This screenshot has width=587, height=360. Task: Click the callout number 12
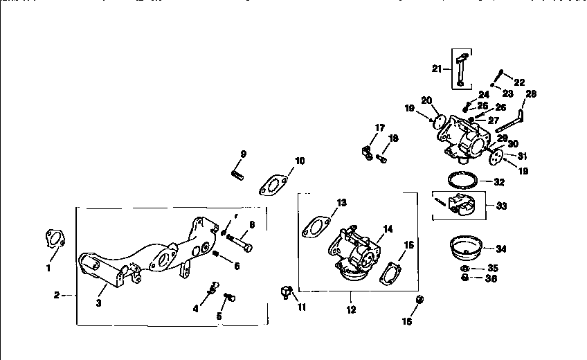click(x=351, y=309)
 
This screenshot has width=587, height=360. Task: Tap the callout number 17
click(x=379, y=127)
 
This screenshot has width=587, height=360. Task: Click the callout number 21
click(x=436, y=68)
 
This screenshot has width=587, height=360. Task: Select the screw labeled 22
click(x=500, y=75)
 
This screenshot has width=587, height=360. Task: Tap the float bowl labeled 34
click(x=467, y=246)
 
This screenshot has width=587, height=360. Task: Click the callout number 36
click(x=491, y=278)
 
